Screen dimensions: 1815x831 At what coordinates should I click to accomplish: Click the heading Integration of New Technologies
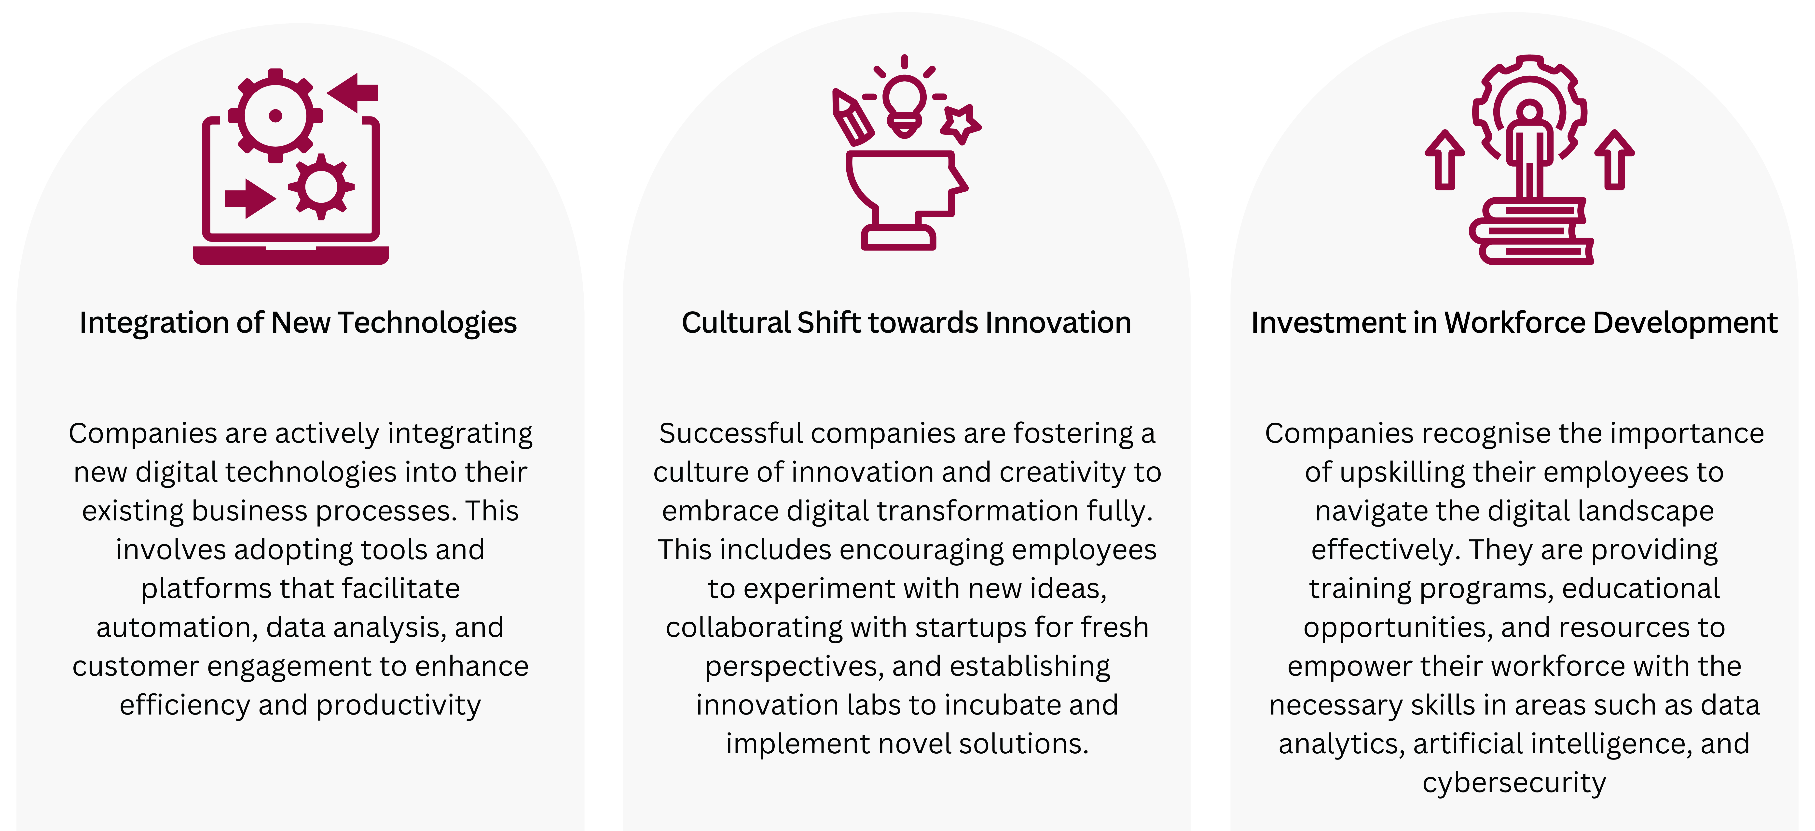[x=298, y=323]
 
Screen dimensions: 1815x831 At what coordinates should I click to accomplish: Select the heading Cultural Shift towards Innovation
[x=906, y=323]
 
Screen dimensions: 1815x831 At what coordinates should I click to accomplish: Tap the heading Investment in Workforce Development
[x=1514, y=323]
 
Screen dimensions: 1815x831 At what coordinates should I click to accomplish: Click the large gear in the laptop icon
[x=275, y=115]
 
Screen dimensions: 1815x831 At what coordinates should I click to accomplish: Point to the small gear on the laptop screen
[x=321, y=186]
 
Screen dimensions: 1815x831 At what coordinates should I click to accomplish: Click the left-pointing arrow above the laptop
[x=352, y=92]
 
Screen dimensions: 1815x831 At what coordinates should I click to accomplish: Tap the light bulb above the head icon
[x=905, y=106]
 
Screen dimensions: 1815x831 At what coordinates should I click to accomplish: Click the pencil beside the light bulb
[x=852, y=117]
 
